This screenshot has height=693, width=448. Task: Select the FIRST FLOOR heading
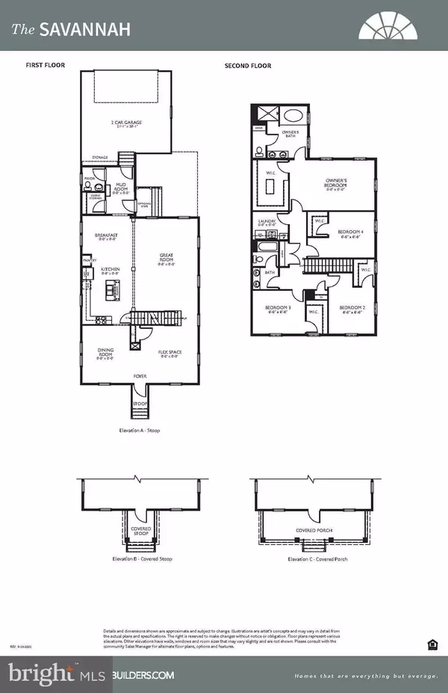(46, 66)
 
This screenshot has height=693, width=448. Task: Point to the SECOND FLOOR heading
(247, 66)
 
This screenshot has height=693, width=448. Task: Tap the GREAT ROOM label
(167, 258)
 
